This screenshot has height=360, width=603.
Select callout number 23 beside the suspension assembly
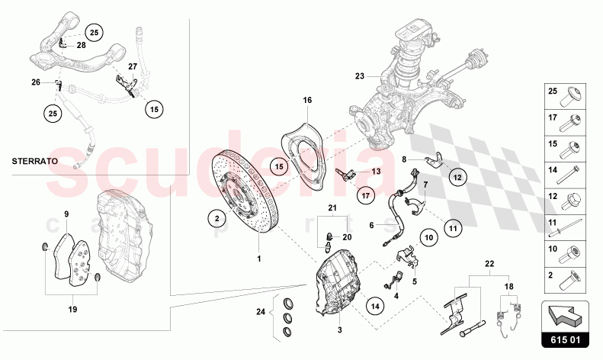point(360,76)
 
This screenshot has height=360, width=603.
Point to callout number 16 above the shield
point(308,100)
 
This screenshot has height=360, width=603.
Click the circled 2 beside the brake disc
point(217,218)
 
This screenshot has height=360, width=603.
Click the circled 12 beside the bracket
point(457,177)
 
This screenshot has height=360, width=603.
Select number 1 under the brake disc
point(258,259)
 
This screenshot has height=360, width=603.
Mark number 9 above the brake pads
point(66,214)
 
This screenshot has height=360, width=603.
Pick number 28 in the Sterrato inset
point(81,45)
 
